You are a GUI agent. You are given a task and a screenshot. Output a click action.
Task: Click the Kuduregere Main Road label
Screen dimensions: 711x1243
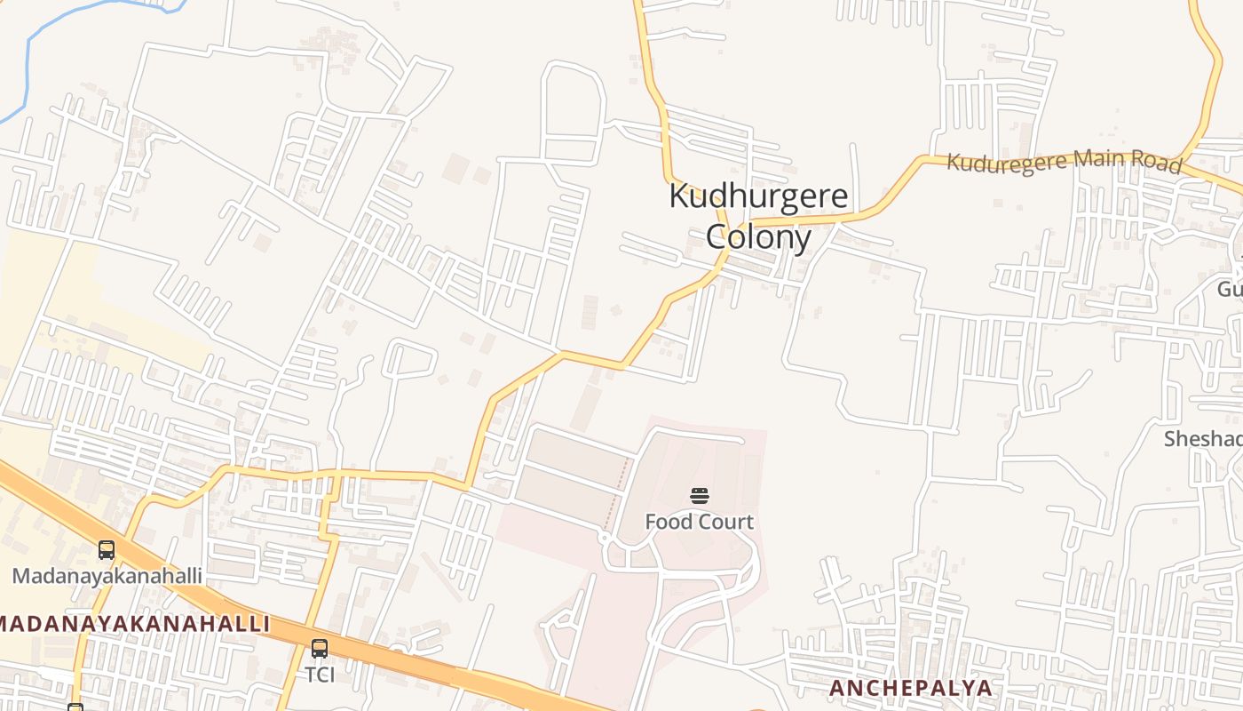point(1064,162)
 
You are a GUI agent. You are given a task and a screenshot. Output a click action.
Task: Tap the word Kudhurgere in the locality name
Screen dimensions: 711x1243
point(758,196)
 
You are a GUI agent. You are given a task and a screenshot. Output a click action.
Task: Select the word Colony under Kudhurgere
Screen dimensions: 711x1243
point(758,237)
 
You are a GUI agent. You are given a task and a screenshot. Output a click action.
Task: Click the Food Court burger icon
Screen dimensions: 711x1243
point(700,496)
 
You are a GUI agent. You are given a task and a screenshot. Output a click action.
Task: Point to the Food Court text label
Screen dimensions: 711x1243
point(700,522)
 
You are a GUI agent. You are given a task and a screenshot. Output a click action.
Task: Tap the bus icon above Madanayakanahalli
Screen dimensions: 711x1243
point(107,550)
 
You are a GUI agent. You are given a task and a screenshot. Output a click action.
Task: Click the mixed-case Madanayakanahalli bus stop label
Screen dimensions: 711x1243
point(107,575)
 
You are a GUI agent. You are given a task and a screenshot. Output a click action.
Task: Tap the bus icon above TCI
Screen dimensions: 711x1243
point(320,649)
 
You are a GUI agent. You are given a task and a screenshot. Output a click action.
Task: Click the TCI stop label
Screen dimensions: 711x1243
point(320,675)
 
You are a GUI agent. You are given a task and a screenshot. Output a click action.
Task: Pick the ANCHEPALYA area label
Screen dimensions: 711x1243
point(910,688)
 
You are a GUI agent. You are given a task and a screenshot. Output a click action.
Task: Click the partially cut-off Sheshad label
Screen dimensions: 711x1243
point(1203,439)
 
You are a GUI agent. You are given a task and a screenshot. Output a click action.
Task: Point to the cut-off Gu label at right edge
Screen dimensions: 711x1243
point(1230,290)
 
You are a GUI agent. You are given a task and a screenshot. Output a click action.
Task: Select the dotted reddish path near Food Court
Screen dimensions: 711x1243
point(616,493)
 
